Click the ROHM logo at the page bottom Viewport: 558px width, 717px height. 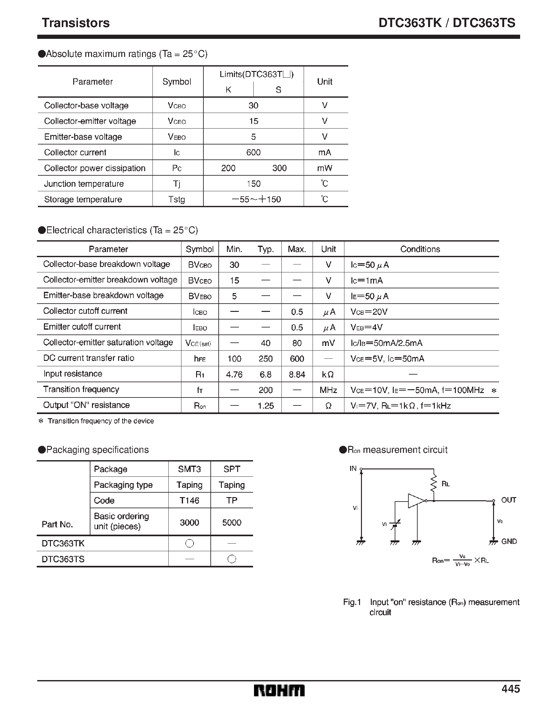click(279, 690)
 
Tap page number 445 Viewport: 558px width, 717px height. click(510, 688)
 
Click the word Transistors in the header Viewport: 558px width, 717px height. click(75, 23)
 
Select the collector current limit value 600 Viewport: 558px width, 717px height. click(253, 152)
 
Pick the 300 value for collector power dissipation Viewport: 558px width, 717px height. click(279, 168)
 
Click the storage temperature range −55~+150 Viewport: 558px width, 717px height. click(256, 199)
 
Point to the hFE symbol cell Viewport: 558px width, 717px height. click(200, 358)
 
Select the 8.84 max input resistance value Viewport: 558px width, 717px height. click(297, 374)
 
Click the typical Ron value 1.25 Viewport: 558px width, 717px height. click(265, 406)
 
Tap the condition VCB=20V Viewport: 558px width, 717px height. click(369, 312)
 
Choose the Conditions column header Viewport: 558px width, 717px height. click(420, 249)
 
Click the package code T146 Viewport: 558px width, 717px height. click(189, 500)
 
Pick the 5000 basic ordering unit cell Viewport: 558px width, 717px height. click(231, 522)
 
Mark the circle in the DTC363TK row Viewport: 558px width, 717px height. click(189, 544)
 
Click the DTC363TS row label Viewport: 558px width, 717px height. click(63, 559)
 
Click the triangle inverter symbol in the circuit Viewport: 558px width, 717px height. click(416, 501)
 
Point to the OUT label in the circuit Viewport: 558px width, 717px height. click(508, 500)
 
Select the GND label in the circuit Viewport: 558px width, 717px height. click(509, 541)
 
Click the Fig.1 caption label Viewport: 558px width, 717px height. click(352, 602)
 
